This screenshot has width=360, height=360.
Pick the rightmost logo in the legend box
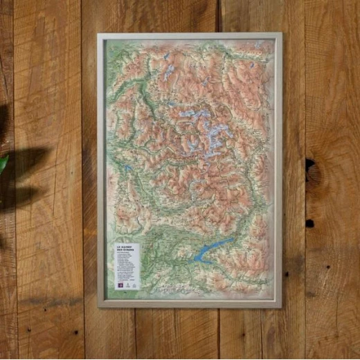(134, 283)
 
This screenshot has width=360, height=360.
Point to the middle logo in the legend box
(126, 283)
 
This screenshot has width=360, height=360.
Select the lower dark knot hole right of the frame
(309, 223)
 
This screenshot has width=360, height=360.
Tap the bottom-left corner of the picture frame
(99, 305)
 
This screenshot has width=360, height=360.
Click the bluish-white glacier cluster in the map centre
(201, 125)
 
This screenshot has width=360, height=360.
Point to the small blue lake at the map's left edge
(129, 168)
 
